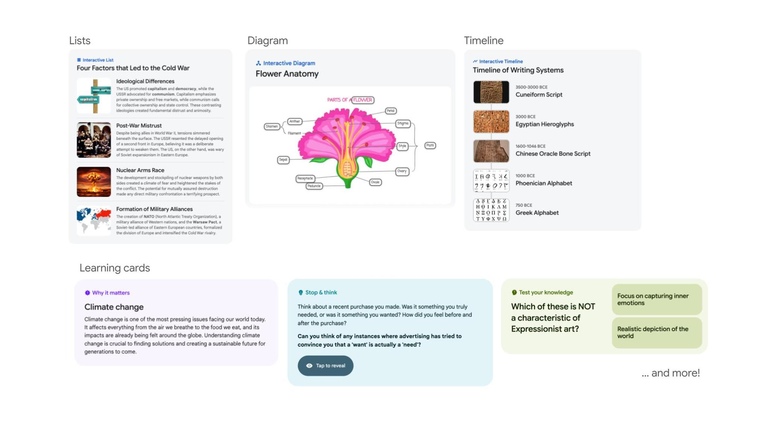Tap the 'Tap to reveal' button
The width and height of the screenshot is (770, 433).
point(325,365)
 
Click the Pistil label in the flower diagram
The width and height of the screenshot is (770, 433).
point(430,145)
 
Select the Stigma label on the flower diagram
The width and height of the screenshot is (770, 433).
point(403,124)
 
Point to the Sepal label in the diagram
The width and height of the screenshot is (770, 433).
point(283,160)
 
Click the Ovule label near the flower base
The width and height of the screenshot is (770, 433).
point(375,182)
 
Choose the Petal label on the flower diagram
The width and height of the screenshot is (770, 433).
point(391,111)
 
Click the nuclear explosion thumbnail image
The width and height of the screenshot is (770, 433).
point(94,182)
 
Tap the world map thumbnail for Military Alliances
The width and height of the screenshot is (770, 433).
point(94,220)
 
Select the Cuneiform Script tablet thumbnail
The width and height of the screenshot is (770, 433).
point(491,92)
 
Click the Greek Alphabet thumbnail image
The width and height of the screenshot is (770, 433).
point(491,210)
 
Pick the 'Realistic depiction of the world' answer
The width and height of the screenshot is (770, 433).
point(656,332)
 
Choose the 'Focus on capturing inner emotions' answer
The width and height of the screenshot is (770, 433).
point(656,299)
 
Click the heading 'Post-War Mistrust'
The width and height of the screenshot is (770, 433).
point(139,126)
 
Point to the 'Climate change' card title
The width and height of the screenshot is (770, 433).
point(114,307)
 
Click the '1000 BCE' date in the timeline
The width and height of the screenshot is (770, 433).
point(525,176)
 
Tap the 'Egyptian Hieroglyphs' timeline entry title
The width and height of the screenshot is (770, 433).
point(544,124)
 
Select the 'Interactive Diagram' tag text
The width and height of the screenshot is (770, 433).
point(289,63)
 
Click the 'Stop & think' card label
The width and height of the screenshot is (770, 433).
point(321,292)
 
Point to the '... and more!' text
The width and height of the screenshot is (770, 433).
point(670,373)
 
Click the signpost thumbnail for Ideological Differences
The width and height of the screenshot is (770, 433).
point(94,96)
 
